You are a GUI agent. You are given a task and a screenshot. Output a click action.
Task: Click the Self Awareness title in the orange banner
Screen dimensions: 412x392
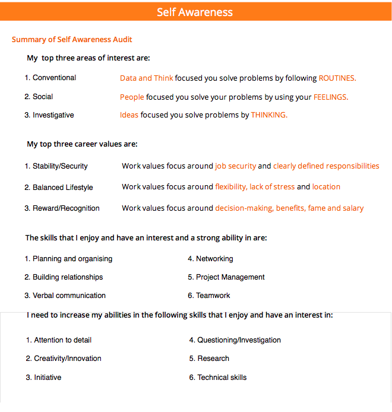pos(195,12)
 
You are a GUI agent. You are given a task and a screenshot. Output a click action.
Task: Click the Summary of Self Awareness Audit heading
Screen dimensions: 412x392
pos(72,40)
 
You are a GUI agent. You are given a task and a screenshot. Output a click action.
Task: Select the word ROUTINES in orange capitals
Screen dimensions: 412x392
pos(337,78)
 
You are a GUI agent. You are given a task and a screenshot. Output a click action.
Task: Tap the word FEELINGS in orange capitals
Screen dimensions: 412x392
pos(331,97)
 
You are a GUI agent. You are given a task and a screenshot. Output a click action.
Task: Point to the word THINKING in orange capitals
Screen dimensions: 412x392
pos(269,115)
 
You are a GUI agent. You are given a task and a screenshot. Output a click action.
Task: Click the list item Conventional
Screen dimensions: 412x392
pos(54,78)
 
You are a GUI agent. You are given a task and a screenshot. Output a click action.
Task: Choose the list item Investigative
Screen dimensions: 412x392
pos(53,115)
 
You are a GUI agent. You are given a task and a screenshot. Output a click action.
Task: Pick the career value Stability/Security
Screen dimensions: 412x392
pos(60,166)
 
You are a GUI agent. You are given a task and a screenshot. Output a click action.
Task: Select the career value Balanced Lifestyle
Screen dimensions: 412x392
pos(62,188)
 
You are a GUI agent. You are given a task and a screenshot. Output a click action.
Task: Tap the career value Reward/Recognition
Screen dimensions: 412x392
pos(66,208)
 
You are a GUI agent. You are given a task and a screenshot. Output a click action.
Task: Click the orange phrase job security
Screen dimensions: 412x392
pos(236,166)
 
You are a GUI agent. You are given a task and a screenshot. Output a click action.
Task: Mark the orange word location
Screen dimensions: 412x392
pos(326,187)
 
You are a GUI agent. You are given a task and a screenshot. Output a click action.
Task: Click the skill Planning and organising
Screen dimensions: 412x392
pos(72,259)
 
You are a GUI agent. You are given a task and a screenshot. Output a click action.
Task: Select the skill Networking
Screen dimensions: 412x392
pos(214,259)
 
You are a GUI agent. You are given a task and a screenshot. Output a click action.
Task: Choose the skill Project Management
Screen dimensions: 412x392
pos(230,277)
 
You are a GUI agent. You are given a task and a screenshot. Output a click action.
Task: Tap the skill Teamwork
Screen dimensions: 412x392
pos(213,296)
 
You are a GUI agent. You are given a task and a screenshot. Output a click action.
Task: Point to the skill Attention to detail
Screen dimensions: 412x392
pos(62,340)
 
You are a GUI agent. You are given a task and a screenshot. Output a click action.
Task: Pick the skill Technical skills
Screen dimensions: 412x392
pos(222,378)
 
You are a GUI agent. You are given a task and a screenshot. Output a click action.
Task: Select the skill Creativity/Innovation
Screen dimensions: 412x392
pos(67,359)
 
